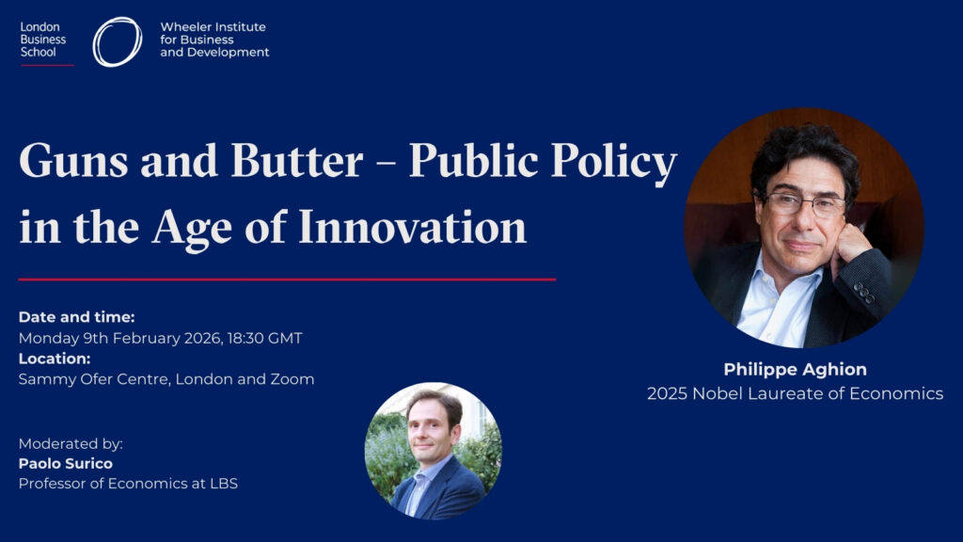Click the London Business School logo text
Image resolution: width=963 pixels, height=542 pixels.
click(43, 40)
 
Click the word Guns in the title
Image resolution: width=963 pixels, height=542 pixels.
click(73, 161)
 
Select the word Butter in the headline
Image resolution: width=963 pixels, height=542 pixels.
click(296, 161)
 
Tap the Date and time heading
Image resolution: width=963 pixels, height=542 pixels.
click(77, 317)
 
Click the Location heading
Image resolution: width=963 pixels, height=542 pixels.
click(55, 359)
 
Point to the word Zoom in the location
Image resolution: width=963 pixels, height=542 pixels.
click(292, 379)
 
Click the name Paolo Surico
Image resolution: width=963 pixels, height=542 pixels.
click(66, 463)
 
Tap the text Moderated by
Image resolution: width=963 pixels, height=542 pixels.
click(71, 444)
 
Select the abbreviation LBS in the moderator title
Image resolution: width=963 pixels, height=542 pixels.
click(224, 484)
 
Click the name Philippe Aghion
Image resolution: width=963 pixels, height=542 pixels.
click(796, 369)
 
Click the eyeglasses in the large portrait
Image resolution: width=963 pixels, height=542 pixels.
click(803, 204)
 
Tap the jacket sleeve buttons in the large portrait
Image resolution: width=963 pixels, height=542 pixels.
click(863, 294)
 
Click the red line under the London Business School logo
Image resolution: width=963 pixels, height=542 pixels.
click(47, 65)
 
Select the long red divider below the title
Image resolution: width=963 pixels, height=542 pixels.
click(288, 279)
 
